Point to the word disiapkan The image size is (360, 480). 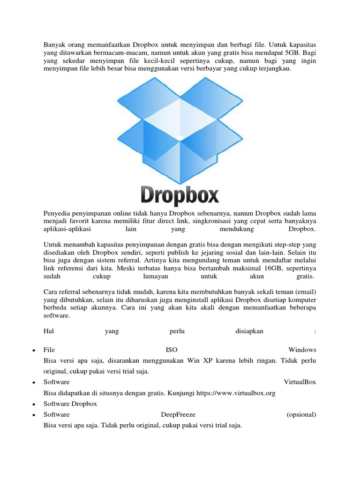[x=249, y=331]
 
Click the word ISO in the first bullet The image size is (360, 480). [x=172, y=350]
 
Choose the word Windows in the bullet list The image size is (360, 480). [x=302, y=350]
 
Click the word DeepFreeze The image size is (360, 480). [x=178, y=414]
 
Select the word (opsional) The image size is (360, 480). [x=301, y=414]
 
